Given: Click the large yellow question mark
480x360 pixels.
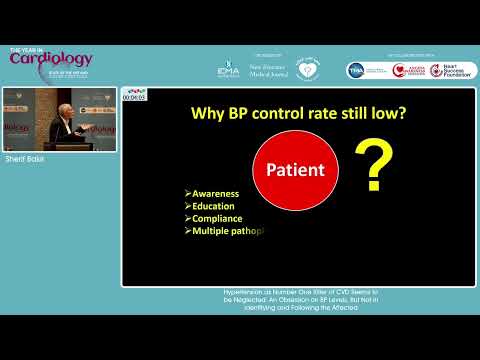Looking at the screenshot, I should (x=374, y=166).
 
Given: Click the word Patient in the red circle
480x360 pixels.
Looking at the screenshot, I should (x=295, y=169).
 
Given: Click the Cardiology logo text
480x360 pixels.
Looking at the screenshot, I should (x=51, y=59).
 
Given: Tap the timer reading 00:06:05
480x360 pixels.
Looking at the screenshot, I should (x=134, y=97).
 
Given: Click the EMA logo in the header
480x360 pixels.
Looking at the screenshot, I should (x=228, y=70).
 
